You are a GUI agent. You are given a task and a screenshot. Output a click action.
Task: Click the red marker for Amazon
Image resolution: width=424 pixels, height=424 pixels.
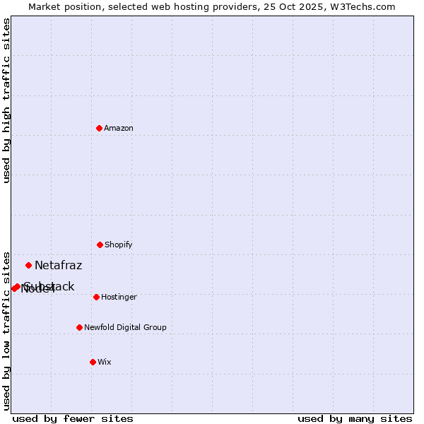tap(99, 128)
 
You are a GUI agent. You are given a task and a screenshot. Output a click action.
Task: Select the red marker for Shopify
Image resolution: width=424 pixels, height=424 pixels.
tap(100, 245)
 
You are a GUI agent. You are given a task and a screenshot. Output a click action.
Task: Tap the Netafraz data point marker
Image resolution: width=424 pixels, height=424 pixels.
tap(28, 266)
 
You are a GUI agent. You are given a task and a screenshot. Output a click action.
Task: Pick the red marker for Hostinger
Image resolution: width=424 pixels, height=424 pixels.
tap(96, 297)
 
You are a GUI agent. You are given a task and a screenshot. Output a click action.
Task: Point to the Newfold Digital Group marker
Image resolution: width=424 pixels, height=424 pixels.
tap(79, 327)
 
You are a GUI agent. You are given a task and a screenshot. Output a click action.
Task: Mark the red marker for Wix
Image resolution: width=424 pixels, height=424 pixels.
tap(93, 362)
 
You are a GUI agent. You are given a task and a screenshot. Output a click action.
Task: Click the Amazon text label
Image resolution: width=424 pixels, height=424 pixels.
tap(119, 128)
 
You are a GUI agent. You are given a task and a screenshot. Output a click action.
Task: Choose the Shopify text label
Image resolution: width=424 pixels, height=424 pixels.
tap(119, 245)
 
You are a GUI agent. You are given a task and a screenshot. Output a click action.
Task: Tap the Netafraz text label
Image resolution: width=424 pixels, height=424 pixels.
tap(59, 266)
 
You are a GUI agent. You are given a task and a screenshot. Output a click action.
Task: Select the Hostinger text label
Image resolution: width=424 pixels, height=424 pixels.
tap(119, 297)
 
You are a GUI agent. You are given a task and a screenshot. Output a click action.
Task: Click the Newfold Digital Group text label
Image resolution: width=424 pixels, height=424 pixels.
tap(126, 327)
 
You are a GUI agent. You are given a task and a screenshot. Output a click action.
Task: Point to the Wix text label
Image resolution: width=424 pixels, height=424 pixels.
tap(105, 362)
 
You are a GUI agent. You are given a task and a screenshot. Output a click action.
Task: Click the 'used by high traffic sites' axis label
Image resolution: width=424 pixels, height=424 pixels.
tap(6, 101)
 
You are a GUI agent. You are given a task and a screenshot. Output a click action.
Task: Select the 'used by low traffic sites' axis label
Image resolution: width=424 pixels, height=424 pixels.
tap(6, 330)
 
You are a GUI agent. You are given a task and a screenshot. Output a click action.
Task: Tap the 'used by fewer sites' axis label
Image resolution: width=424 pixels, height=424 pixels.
tap(73, 418)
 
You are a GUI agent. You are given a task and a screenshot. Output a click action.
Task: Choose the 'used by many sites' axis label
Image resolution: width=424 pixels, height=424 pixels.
tap(355, 418)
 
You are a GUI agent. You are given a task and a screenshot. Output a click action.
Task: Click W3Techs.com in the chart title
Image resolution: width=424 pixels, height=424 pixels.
tap(365, 7)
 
